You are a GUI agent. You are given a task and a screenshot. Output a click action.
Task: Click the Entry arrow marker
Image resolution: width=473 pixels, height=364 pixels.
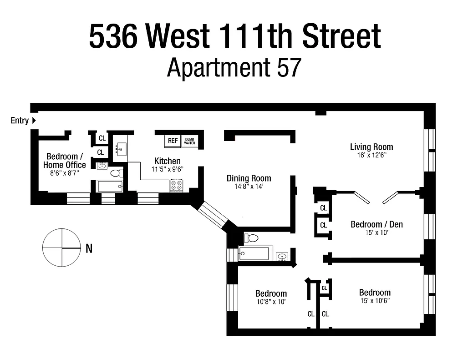(x=34, y=121)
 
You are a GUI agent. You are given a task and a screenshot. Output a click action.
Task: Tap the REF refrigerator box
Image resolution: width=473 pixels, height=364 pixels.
(x=173, y=141)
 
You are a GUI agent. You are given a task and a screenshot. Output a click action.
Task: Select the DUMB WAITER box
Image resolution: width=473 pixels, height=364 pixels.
(x=189, y=141)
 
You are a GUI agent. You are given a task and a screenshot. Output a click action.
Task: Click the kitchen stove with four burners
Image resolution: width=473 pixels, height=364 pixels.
(x=176, y=186)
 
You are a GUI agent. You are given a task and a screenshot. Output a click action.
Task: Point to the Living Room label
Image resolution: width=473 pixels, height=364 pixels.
(x=371, y=147)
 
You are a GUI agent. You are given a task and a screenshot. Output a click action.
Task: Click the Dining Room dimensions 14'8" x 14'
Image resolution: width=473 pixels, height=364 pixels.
(x=249, y=187)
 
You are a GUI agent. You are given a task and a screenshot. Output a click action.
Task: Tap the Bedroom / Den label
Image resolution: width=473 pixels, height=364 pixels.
(x=376, y=224)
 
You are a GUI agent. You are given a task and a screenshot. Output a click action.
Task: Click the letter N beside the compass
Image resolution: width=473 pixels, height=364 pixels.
(x=89, y=248)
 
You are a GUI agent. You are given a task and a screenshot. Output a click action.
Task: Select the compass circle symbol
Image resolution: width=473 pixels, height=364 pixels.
(x=61, y=248)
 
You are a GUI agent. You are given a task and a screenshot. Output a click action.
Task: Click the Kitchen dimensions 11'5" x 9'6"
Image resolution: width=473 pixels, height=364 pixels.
(x=167, y=169)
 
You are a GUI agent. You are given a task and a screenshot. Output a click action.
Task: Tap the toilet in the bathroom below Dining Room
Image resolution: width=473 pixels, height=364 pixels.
(x=252, y=238)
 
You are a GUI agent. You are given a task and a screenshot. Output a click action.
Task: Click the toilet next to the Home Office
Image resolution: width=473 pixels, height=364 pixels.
(x=117, y=173)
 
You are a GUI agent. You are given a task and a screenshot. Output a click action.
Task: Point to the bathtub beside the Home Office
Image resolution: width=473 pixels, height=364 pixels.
(x=110, y=187)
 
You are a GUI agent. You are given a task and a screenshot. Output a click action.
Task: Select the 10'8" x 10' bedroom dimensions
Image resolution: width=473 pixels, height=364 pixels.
(x=271, y=301)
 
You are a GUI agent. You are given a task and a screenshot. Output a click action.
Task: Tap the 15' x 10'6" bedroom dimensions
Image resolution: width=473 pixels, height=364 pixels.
(x=375, y=300)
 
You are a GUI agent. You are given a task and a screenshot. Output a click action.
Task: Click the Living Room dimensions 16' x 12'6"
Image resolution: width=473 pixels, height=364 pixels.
(x=371, y=155)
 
